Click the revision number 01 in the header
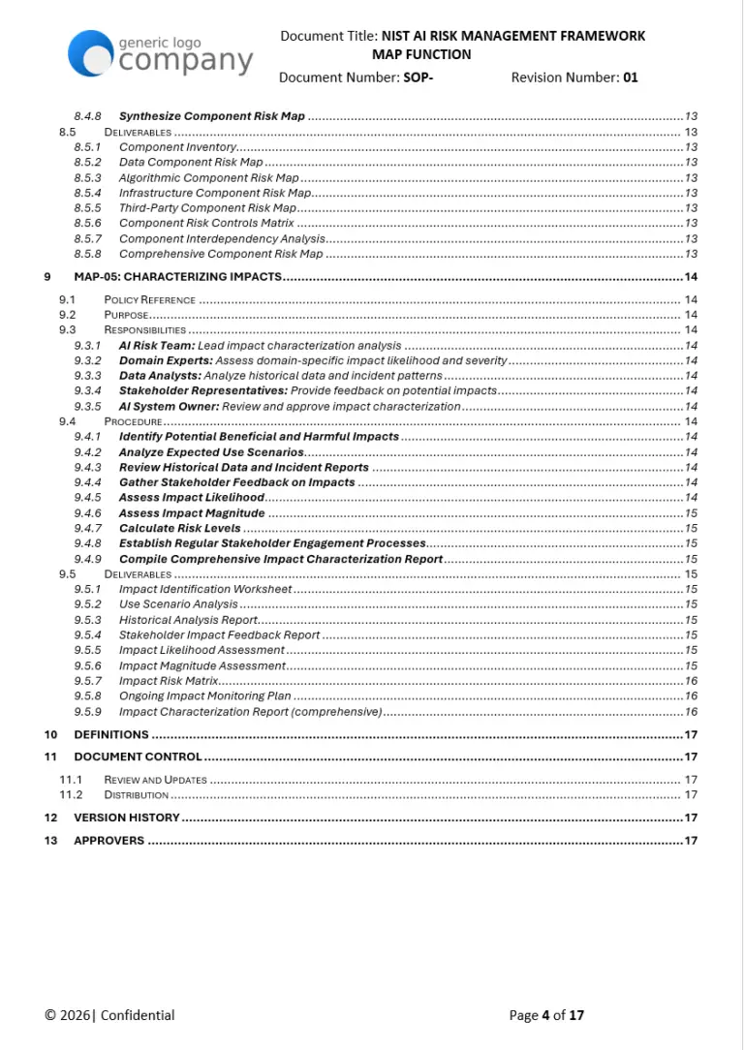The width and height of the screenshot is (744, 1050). click(x=630, y=77)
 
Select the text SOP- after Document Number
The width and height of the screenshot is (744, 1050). click(x=418, y=77)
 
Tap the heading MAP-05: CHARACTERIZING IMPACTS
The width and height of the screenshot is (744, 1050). click(x=177, y=277)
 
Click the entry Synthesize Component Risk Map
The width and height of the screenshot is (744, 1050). click(x=211, y=116)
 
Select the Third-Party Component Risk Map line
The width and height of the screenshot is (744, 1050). click(x=207, y=208)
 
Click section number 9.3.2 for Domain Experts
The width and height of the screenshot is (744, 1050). click(x=87, y=360)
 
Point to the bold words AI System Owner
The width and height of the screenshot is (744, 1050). click(x=169, y=407)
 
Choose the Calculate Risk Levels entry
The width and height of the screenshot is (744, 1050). click(x=179, y=529)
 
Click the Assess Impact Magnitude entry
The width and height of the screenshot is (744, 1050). click(x=191, y=513)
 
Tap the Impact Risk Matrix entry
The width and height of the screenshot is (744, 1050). click(x=168, y=681)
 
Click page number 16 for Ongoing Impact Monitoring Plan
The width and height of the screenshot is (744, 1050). click(x=691, y=696)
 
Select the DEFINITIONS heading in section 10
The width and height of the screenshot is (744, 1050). click(x=111, y=735)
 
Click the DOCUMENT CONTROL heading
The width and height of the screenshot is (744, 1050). click(x=138, y=757)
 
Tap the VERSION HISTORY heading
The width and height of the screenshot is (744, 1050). click(x=127, y=818)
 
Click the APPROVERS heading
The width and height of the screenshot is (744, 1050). click(x=108, y=841)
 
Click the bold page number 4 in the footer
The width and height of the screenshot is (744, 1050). click(x=545, y=1015)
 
